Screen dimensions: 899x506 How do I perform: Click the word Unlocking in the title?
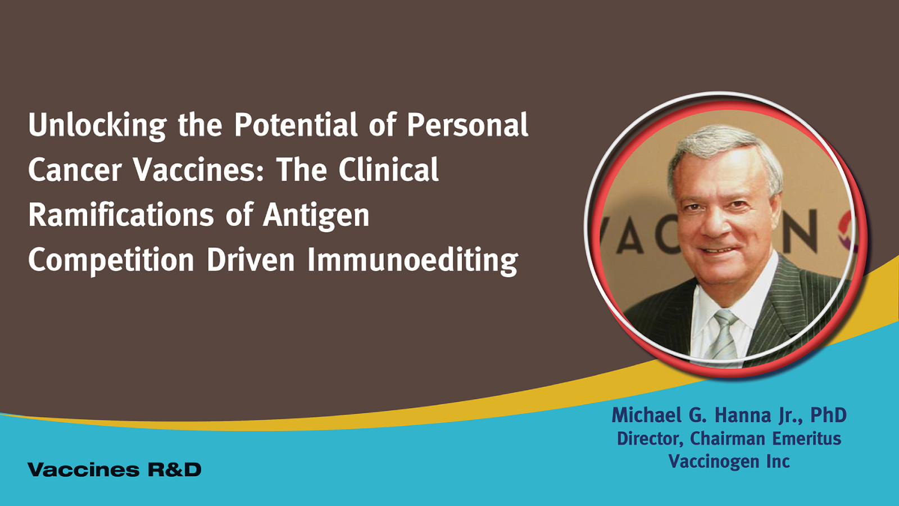tap(97, 126)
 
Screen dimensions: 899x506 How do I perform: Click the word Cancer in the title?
tap(75, 170)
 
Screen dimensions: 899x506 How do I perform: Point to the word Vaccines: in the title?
tap(199, 170)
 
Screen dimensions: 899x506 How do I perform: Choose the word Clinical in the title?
tap(388, 170)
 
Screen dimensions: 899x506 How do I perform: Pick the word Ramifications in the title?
tap(121, 215)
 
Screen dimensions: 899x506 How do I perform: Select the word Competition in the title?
tap(111, 261)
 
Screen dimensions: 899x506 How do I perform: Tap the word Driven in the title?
tap(251, 260)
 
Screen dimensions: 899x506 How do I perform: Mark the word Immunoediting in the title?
tap(413, 261)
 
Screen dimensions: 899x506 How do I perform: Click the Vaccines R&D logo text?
tap(115, 469)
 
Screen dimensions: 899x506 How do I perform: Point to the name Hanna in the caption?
tap(742, 415)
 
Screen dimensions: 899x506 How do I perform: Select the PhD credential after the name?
tap(828, 415)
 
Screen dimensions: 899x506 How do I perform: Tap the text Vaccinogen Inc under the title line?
tap(729, 462)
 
